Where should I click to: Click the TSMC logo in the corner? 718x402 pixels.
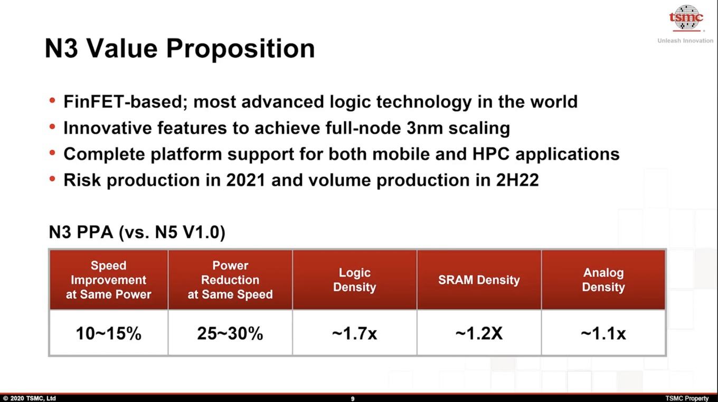click(x=686, y=18)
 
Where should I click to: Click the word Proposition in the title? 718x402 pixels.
click(x=240, y=49)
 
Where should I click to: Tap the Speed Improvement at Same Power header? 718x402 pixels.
click(x=108, y=280)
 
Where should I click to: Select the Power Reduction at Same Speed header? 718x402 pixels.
click(x=230, y=280)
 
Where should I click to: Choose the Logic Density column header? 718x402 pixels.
click(x=355, y=280)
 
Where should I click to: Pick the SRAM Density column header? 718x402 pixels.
click(x=479, y=280)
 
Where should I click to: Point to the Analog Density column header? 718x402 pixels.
click(x=603, y=280)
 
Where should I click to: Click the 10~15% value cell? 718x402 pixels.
click(x=108, y=333)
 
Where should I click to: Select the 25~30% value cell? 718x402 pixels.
click(x=230, y=333)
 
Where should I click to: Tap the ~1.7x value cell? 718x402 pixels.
click(x=355, y=333)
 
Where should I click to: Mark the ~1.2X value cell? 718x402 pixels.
click(x=479, y=333)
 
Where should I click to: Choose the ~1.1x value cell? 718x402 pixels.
click(x=603, y=333)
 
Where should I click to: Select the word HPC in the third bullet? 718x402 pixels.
click(x=491, y=154)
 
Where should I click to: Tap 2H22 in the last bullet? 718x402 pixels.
click(x=517, y=180)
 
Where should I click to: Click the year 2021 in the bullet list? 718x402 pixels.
click(x=246, y=180)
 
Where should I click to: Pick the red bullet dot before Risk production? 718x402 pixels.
click(x=52, y=179)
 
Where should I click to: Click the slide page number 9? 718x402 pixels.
click(x=353, y=398)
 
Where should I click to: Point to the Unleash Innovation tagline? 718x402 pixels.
click(x=685, y=41)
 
